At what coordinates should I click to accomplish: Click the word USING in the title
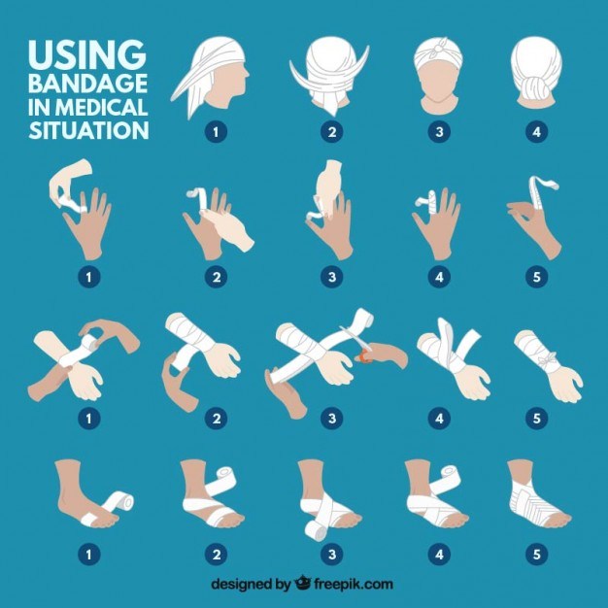[x=86, y=53]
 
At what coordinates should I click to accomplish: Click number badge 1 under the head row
[x=214, y=129]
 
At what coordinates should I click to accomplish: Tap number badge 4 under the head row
[x=535, y=129]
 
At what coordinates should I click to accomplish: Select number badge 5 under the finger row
[x=535, y=277]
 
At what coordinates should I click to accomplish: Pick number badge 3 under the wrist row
[x=333, y=419]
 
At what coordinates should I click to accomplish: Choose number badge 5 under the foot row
[x=535, y=556]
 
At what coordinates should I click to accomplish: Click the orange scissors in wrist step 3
[x=367, y=355]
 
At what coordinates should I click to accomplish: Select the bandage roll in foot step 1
[x=120, y=503]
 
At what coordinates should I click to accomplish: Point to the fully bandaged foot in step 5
[x=532, y=497]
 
